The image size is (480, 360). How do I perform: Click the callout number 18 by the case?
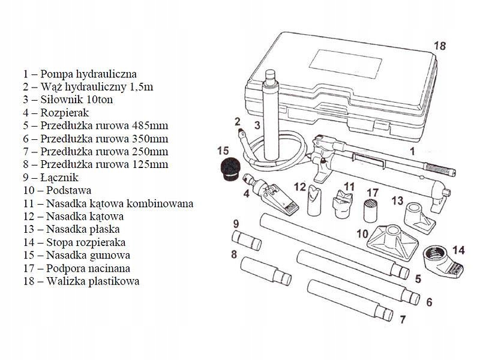pyautogui.click(x=440, y=46)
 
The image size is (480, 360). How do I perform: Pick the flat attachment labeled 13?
pyautogui.click(x=418, y=217)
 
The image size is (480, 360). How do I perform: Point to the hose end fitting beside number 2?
pyautogui.click(x=240, y=130)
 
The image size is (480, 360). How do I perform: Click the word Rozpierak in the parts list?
pyautogui.click(x=65, y=112)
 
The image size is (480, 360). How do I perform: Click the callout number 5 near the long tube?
pyautogui.click(x=418, y=280)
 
